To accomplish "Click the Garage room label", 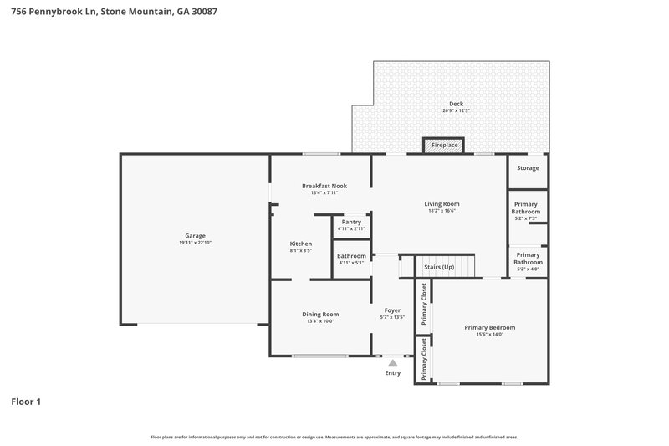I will click(x=195, y=235).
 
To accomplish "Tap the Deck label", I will click(x=456, y=104).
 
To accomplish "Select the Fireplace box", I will click(x=444, y=146).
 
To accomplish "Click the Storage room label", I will click(x=528, y=168).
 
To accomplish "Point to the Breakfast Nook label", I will click(x=324, y=186).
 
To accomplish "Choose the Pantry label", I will click(x=351, y=222).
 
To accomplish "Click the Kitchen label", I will click(x=300, y=244).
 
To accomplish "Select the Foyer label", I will click(x=392, y=310).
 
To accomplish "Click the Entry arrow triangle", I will click(x=392, y=363).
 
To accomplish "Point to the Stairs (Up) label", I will click(x=439, y=267).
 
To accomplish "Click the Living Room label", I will click(x=442, y=203).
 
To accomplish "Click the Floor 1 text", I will click(x=26, y=402).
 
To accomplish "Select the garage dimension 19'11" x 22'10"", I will click(x=195, y=243).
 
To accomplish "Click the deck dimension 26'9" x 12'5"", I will click(x=456, y=111).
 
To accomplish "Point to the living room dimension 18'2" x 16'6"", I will click(x=442, y=211).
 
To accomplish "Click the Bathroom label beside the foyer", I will click(x=351, y=255).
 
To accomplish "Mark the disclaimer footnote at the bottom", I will click(x=334, y=437).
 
